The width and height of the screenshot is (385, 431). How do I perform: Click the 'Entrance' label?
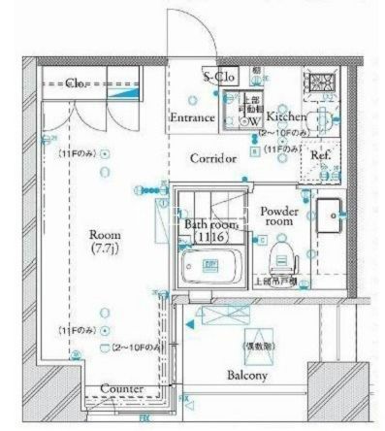point(191,117)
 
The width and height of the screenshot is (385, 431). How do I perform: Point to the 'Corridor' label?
point(213,158)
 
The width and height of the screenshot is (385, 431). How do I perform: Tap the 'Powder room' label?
point(277,215)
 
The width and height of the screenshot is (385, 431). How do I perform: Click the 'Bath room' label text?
point(207,225)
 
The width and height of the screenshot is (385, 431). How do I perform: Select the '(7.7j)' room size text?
point(105,249)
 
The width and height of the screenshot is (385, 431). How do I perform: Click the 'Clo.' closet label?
point(78,84)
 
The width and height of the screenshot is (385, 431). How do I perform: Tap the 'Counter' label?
point(122,389)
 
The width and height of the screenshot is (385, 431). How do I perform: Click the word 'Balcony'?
point(247,375)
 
